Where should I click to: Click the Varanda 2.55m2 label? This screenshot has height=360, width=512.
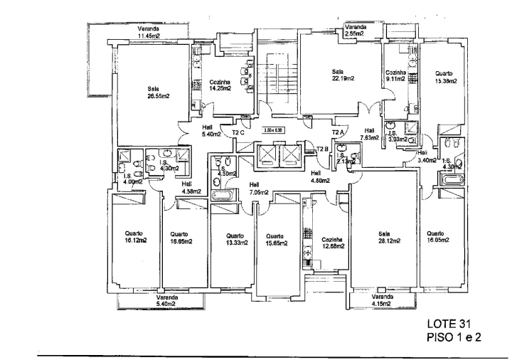coord(354,31)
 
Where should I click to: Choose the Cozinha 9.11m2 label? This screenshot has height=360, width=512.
coord(395,76)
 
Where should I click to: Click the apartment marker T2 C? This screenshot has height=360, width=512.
coord(238,132)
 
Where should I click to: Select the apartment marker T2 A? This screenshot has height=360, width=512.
coord(338,132)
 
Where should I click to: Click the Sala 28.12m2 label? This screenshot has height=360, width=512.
coord(385,238)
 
